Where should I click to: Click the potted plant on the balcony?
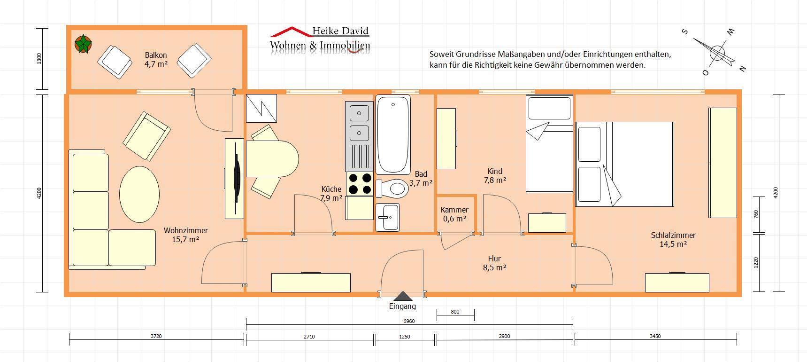pyautogui.click(x=83, y=44)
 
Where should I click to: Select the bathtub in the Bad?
pyautogui.click(x=393, y=135)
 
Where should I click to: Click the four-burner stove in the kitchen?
pyautogui.click(x=360, y=184)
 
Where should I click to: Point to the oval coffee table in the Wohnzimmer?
pyautogui.click(x=139, y=194)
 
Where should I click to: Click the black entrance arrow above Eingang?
pyautogui.click(x=402, y=296)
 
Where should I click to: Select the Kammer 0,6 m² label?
pyautogui.click(x=454, y=214)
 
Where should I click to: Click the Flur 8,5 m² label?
pyautogui.click(x=494, y=263)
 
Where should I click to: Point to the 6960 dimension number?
pyautogui.click(x=409, y=321)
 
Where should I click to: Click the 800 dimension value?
pyautogui.click(x=455, y=312)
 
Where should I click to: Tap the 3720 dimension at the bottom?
pyautogui.click(x=156, y=336)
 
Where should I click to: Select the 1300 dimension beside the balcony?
pyautogui.click(x=39, y=59)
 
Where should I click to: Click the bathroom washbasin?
pyautogui.click(x=387, y=217)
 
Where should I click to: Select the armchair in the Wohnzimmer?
pyautogui.click(x=146, y=136)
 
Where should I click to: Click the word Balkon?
pyautogui.click(x=156, y=55)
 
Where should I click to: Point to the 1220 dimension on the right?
pyautogui.click(x=756, y=262)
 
